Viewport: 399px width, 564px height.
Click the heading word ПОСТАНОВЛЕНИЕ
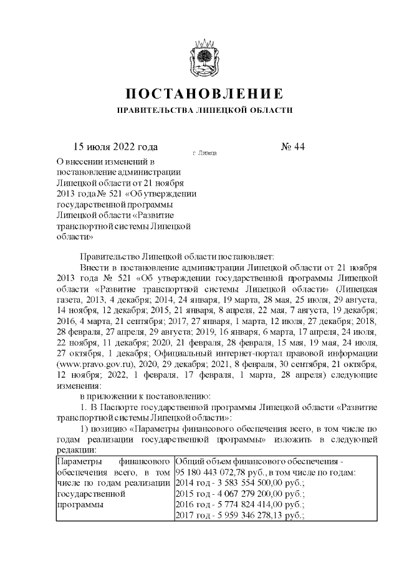click(204, 94)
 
